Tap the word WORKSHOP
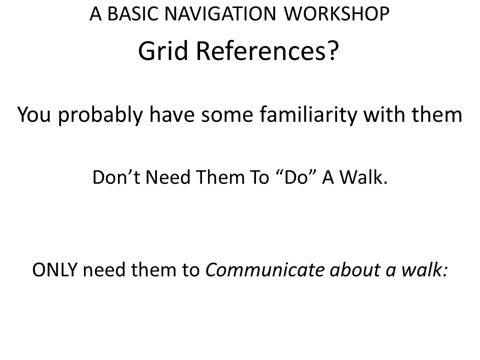pyautogui.click(x=336, y=14)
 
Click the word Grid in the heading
pyautogui.click(x=163, y=50)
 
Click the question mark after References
pyautogui.click(x=332, y=50)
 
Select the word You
pyautogui.click(x=34, y=114)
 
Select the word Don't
pyautogui.click(x=116, y=177)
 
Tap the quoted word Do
pyautogui.click(x=295, y=177)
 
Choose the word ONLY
pyautogui.click(x=54, y=269)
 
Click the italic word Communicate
pyautogui.click(x=264, y=269)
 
